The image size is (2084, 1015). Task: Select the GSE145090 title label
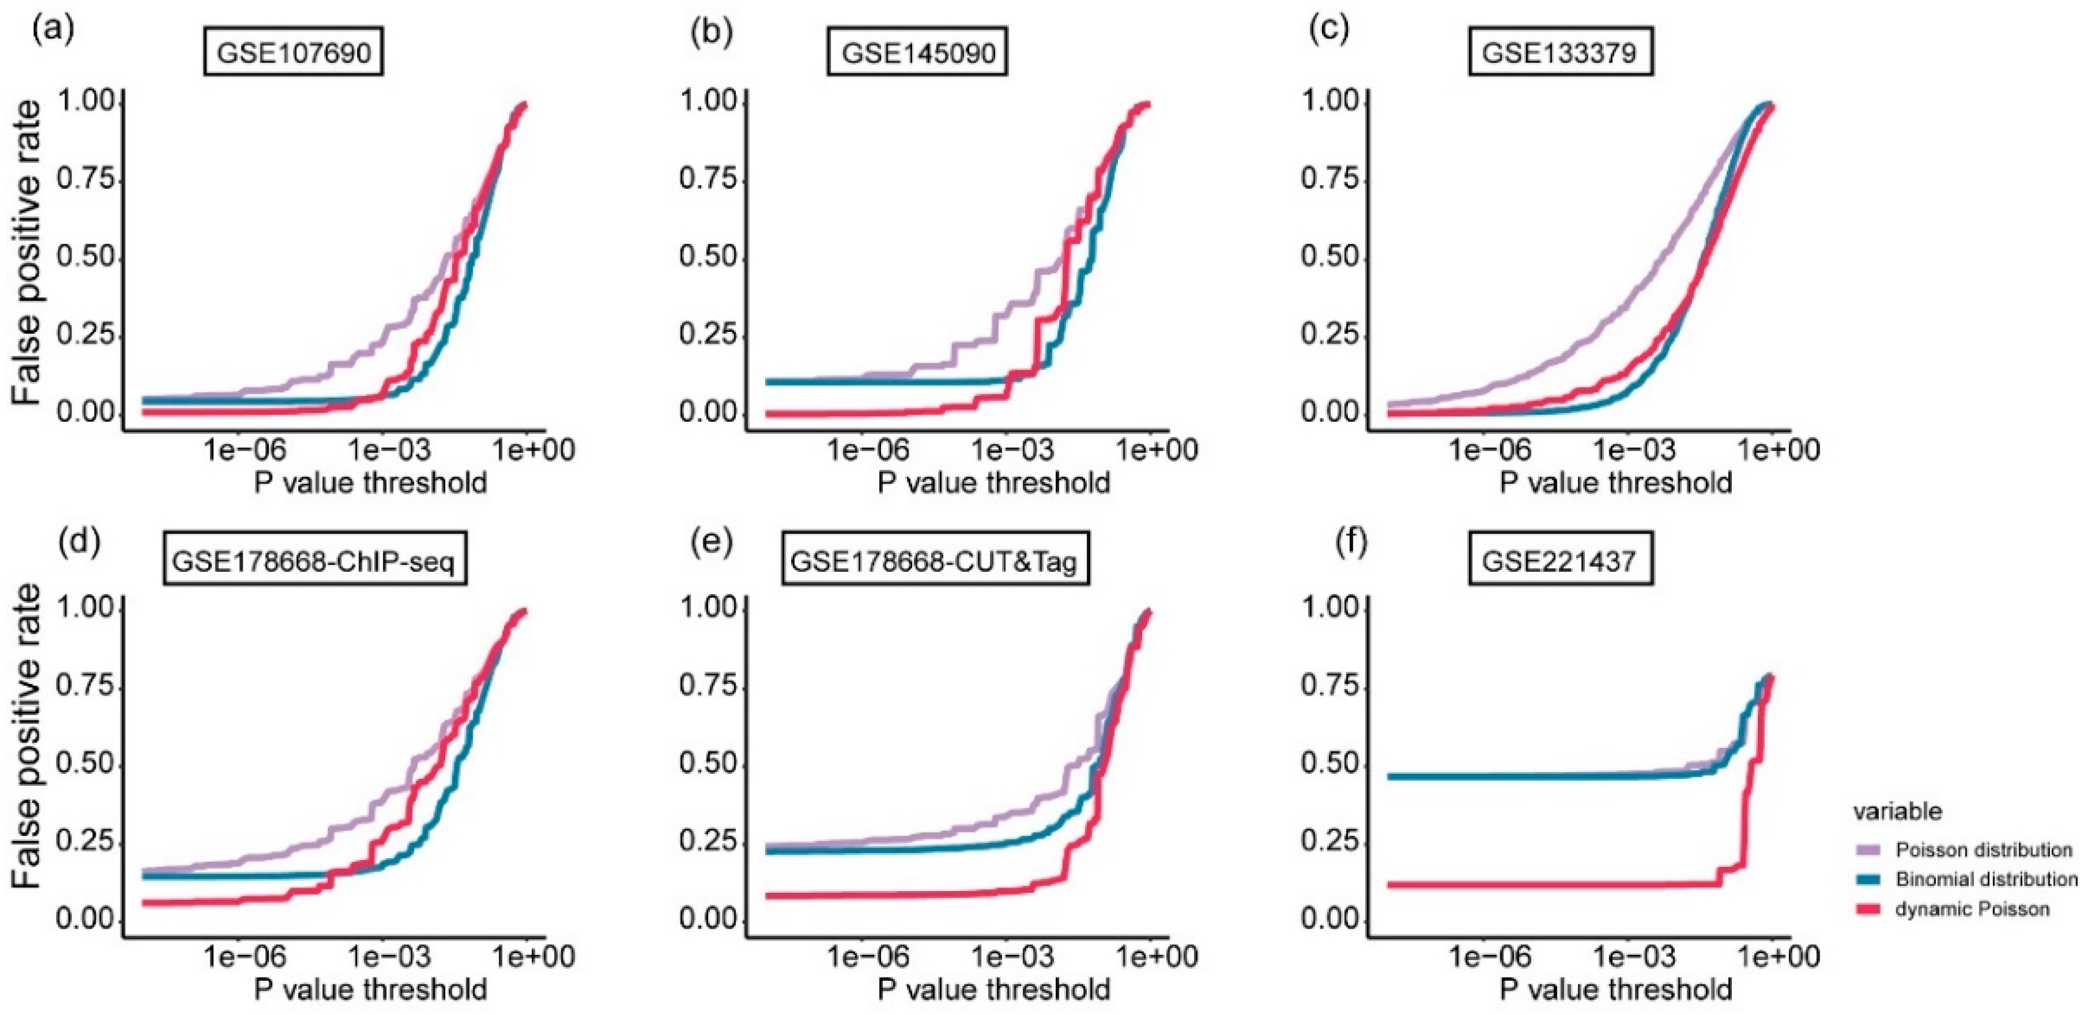point(917,53)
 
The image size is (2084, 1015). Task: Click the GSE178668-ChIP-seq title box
point(315,560)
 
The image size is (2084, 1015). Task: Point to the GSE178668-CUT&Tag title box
point(934,560)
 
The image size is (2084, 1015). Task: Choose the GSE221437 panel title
point(1559,560)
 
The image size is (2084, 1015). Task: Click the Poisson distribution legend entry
point(1982,850)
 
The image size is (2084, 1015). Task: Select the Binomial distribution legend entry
point(1985,879)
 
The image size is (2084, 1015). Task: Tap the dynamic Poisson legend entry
point(1971,909)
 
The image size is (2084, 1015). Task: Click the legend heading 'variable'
point(1897,811)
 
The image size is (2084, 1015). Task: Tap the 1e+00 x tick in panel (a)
point(534,449)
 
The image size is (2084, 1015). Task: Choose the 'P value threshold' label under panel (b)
point(993,484)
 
